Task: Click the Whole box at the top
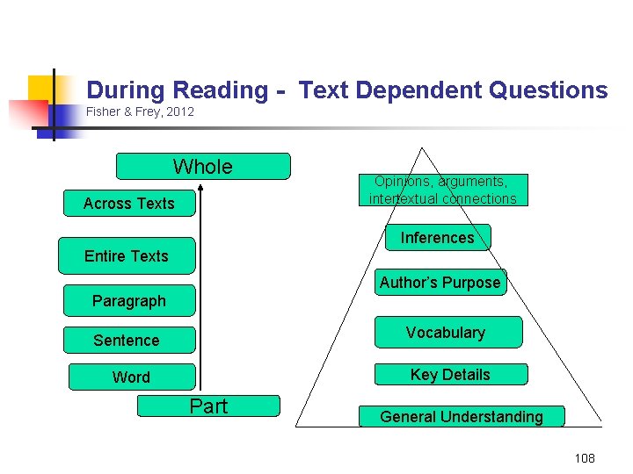point(203,166)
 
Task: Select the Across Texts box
point(129,204)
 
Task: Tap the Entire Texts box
point(127,255)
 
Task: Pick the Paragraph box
point(129,300)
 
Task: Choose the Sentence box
point(127,340)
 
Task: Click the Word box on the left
point(131,377)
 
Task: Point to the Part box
point(208,406)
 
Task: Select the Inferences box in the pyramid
point(437,238)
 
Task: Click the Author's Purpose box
point(440,282)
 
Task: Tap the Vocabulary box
point(446,333)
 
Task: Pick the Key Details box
point(450,374)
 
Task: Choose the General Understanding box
point(462,416)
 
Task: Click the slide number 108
point(585,458)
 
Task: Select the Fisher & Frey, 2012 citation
point(140,111)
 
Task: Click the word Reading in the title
point(221,90)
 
